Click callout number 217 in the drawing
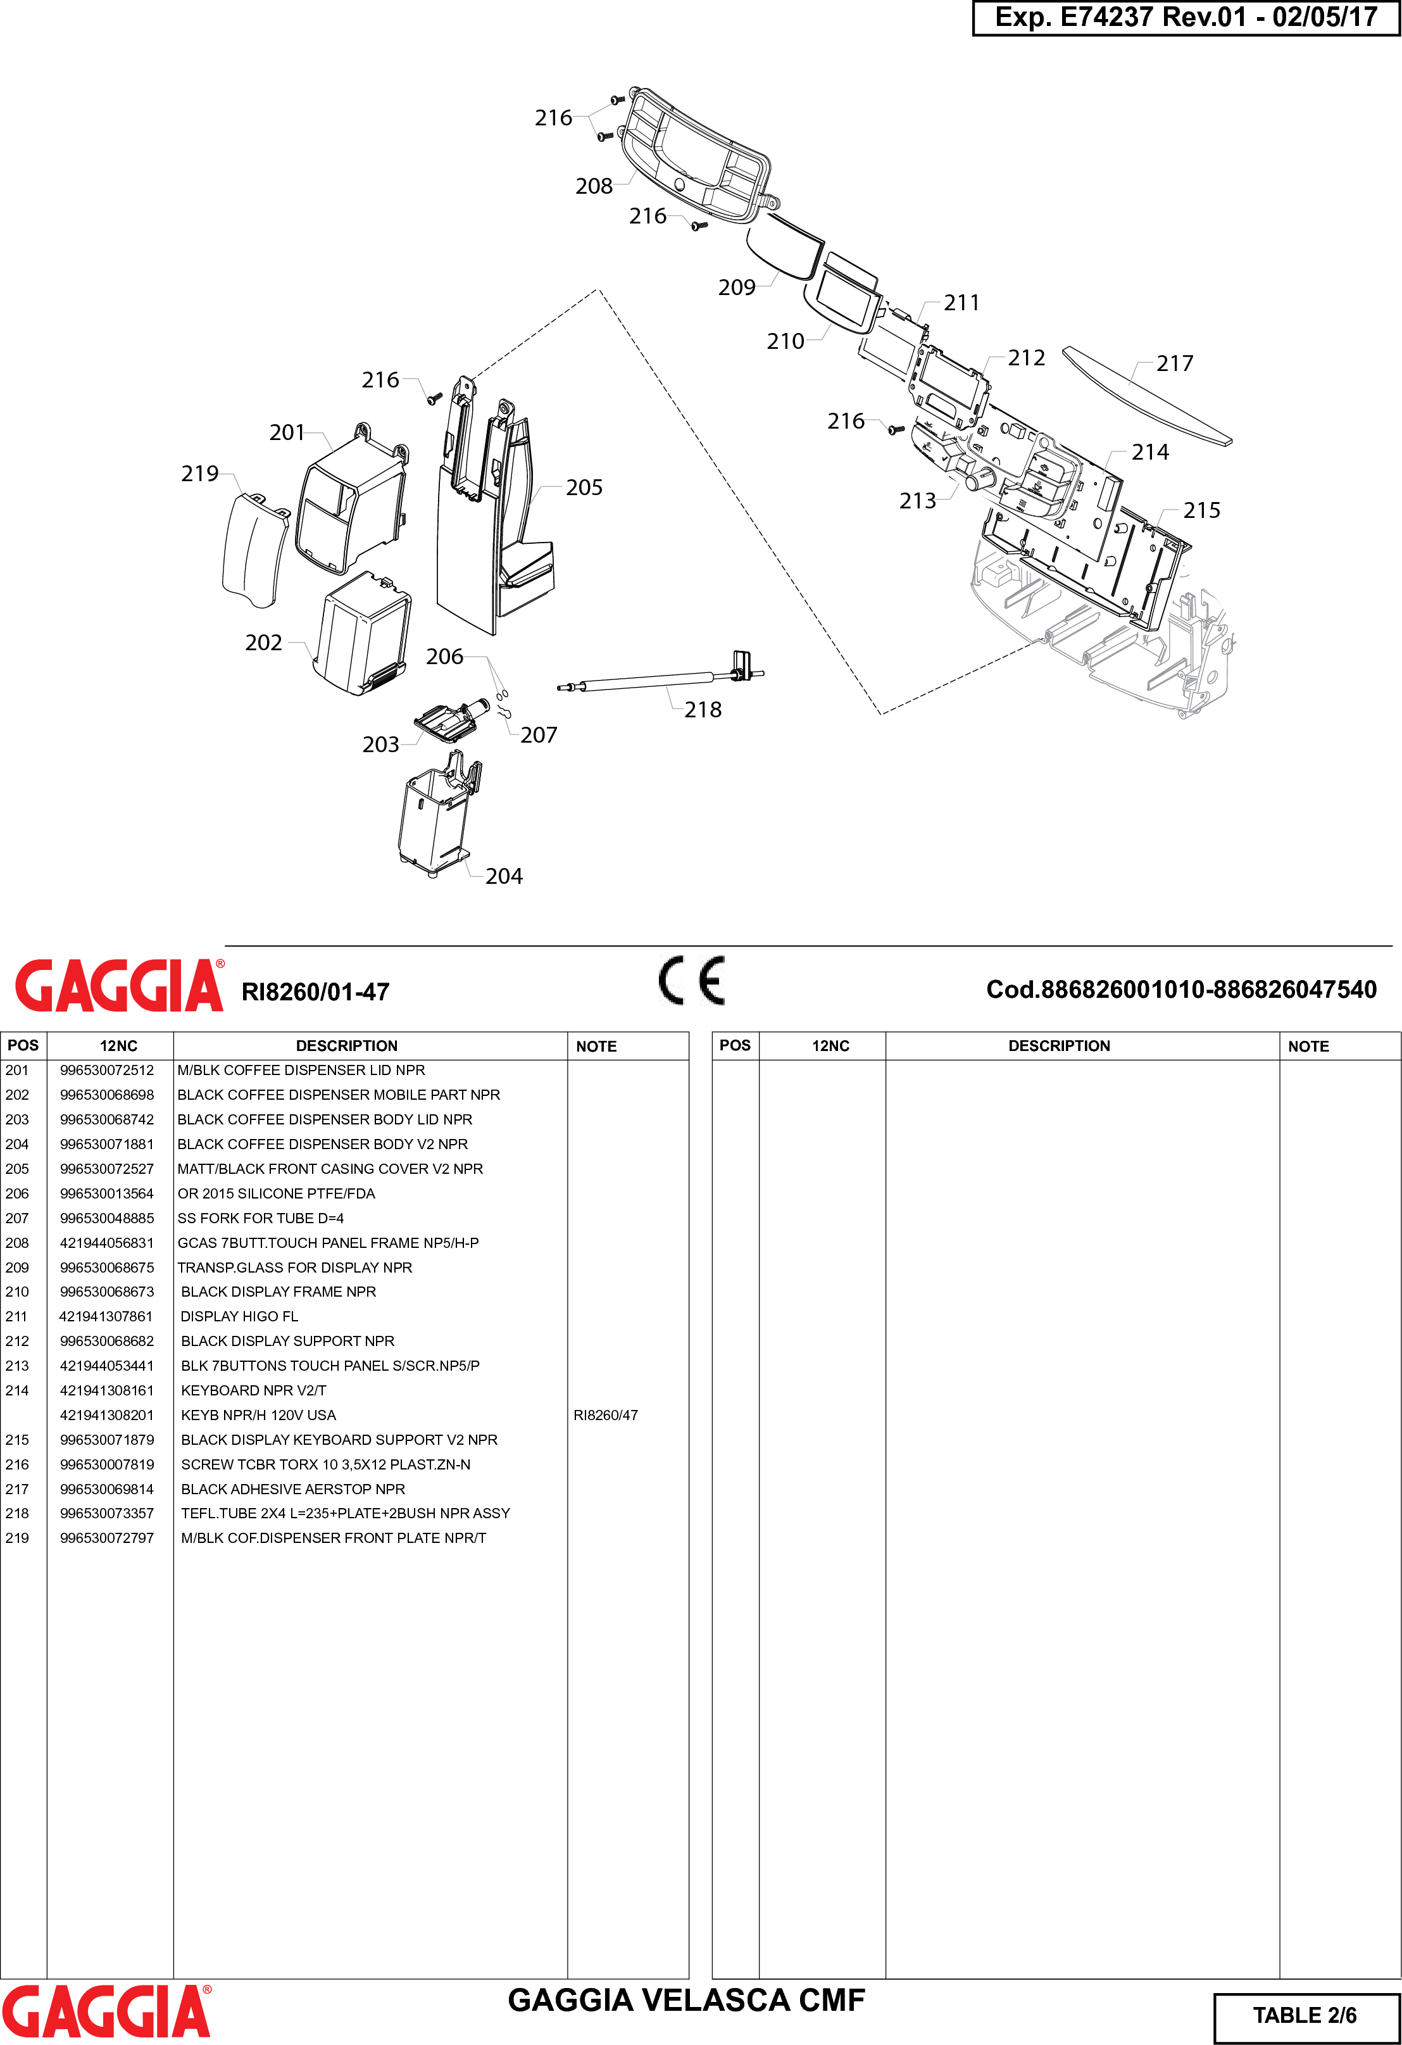(x=1174, y=363)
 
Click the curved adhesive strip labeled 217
(x=1143, y=395)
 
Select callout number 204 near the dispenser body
(x=503, y=876)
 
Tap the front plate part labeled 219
(x=253, y=551)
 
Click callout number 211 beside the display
(x=961, y=303)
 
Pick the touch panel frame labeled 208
(x=695, y=158)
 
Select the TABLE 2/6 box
(x=1305, y=2015)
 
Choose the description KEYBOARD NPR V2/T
(x=253, y=1390)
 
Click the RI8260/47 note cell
(x=605, y=1415)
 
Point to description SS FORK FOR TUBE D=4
(x=260, y=1218)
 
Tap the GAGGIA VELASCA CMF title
(x=686, y=2000)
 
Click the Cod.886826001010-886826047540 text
(x=1180, y=990)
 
